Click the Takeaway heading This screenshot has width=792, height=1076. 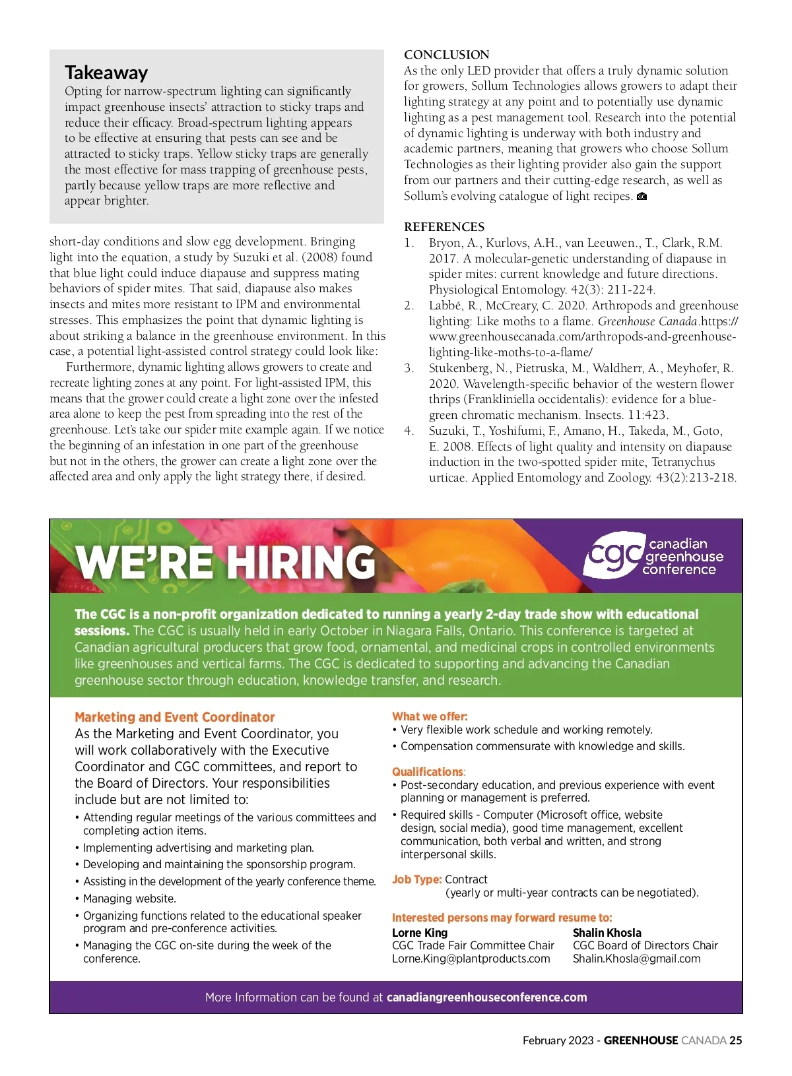point(106,73)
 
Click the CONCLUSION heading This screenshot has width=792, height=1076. point(447,55)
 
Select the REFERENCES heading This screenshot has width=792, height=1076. point(444,227)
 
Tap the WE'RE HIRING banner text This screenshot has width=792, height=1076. point(226,562)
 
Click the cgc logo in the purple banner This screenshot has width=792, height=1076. point(613,555)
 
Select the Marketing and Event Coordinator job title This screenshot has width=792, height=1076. point(174,717)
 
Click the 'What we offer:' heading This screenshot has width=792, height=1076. point(430,716)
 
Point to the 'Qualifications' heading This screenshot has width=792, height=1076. point(428,772)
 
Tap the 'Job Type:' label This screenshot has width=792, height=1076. point(416,879)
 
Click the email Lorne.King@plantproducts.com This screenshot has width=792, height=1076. point(471,959)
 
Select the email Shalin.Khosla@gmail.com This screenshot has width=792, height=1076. point(636,959)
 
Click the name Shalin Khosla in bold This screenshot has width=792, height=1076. point(607,933)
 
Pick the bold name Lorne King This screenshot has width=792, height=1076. point(420,933)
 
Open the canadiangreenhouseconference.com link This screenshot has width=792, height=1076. point(486,997)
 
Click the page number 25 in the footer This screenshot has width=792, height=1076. point(735,1040)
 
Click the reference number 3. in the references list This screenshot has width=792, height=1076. point(409,368)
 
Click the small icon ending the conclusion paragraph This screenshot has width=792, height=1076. point(642,197)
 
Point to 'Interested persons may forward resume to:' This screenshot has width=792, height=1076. point(502,918)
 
